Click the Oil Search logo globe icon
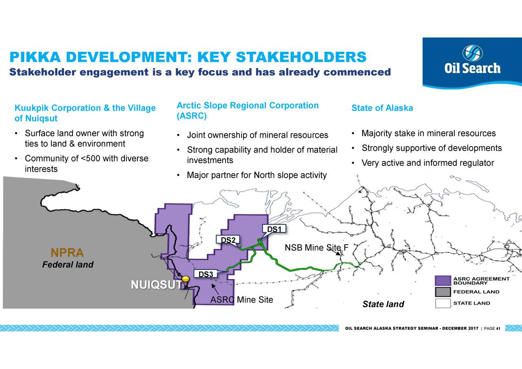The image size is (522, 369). pyautogui.click(x=472, y=53)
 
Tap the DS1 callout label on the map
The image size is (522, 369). pyautogui.click(x=274, y=229)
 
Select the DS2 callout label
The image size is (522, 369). pyautogui.click(x=228, y=240)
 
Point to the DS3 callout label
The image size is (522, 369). pyautogui.click(x=206, y=274)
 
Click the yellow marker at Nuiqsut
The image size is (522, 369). pyautogui.click(x=186, y=279)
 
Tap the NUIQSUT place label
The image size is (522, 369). pyautogui.click(x=156, y=285)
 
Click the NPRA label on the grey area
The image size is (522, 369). pyautogui.click(x=67, y=252)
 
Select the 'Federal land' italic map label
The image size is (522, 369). pyautogui.click(x=68, y=265)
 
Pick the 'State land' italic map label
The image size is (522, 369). pyautogui.click(x=383, y=304)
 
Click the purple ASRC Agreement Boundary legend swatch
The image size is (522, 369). pyautogui.click(x=443, y=281)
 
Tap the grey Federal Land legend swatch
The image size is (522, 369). pyautogui.click(x=443, y=292)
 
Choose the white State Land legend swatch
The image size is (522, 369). pyautogui.click(x=443, y=303)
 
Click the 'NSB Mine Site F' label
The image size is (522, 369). pyautogui.click(x=316, y=247)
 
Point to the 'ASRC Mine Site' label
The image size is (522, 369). pyautogui.click(x=242, y=300)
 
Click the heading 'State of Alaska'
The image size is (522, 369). pyautogui.click(x=382, y=108)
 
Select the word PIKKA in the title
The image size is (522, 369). pyautogui.click(x=35, y=57)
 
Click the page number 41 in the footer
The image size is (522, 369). pyautogui.click(x=498, y=329)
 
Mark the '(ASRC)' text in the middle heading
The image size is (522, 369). pyautogui.click(x=192, y=116)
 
